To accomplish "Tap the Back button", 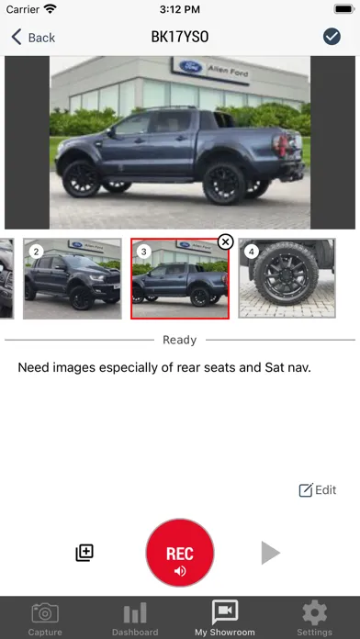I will pos(33,37).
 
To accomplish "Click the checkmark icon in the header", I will pos(332,37).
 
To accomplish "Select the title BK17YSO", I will pos(180,37).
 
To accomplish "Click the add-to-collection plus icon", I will pos(84,553).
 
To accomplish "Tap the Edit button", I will pos(318,490).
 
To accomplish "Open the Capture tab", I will pos(45,618).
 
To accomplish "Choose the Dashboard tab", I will pos(135,618).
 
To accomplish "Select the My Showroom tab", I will pos(225,618).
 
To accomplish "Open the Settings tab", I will pos(315,618).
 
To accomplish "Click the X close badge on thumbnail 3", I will pos(225,241).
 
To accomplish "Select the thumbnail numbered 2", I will pos(73,279).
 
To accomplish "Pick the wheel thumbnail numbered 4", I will pos(274,279).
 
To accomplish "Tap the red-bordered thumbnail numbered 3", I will pos(179,280).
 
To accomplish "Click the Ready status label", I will pos(180,340).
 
